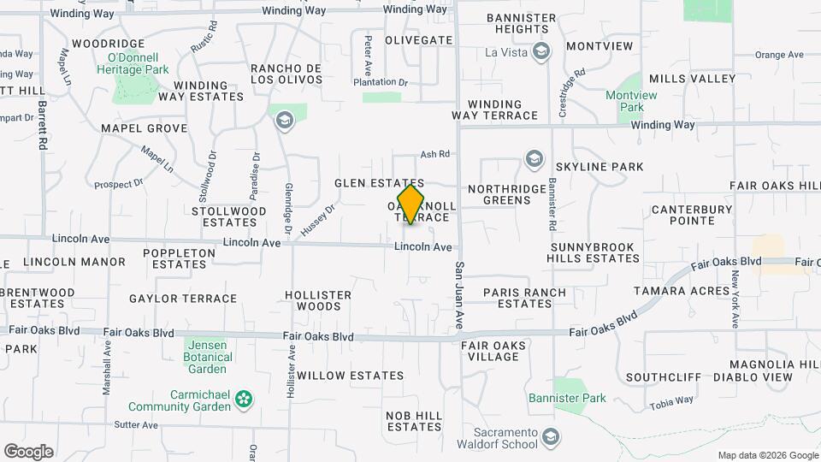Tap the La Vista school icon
pyautogui.click(x=540, y=51)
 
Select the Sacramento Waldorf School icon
pyautogui.click(x=552, y=435)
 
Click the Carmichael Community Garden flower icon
pyautogui.click(x=245, y=398)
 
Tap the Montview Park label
pyautogui.click(x=630, y=102)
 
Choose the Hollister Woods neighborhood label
pyautogui.click(x=318, y=300)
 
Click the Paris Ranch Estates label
pyautogui.click(x=524, y=298)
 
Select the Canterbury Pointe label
pyautogui.click(x=692, y=215)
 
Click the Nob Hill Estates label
pyautogui.click(x=414, y=421)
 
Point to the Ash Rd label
pyautogui.click(x=435, y=154)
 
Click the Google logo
pyautogui.click(x=28, y=451)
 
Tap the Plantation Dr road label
pyautogui.click(x=381, y=82)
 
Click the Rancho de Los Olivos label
pyautogui.click(x=286, y=74)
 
